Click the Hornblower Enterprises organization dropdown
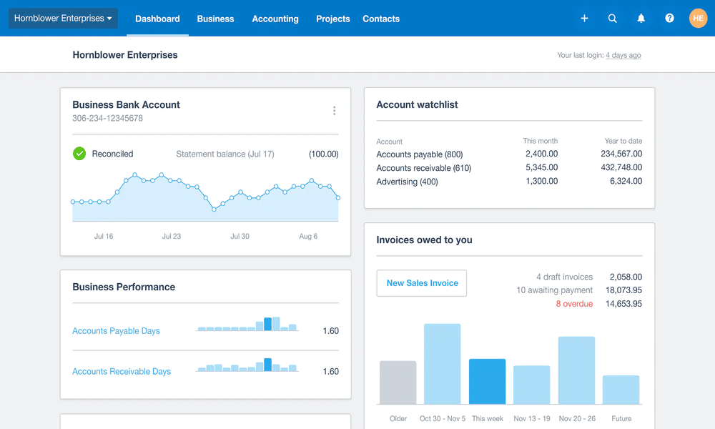pos(63,19)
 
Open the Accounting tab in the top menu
pos(275,19)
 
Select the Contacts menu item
pos(381,19)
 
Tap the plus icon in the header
pos(584,19)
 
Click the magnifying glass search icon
pos(613,19)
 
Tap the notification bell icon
pos(641,19)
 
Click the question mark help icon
pos(669,19)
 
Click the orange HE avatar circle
pos(698,19)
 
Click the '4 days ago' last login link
pos(623,55)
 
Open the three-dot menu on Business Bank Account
pos(334,111)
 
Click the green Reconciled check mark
pos(79,154)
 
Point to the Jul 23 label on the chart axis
pos(172,236)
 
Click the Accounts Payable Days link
pos(116,331)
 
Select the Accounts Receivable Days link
pos(122,372)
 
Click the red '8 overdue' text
pos(574,304)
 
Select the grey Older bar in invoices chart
pos(398,383)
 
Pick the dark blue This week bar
pos(488,382)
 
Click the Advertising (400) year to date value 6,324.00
pos(626,182)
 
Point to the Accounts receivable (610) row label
pos(423,168)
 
